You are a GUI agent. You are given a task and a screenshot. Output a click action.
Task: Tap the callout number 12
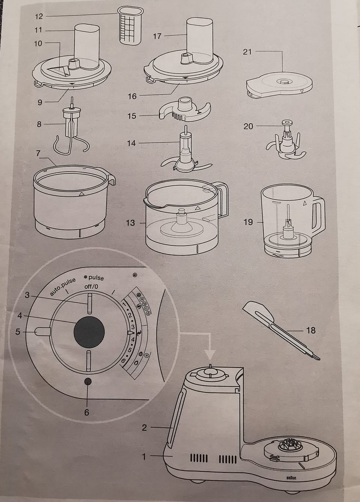pyautogui.click(x=39, y=16)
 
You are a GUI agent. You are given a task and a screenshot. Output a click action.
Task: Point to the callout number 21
pyautogui.click(x=247, y=52)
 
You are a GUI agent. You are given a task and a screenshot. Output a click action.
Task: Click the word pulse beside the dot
pyautogui.click(x=96, y=278)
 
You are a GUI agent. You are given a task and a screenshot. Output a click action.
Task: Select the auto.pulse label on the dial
pyautogui.click(x=63, y=287)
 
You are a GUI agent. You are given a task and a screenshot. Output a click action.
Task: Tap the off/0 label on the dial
pyautogui.click(x=91, y=287)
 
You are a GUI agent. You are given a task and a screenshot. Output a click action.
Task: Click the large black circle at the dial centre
pyautogui.click(x=89, y=332)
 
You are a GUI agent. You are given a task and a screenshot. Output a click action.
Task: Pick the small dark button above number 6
pyautogui.click(x=87, y=381)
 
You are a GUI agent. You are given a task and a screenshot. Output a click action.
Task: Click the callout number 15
pyautogui.click(x=132, y=116)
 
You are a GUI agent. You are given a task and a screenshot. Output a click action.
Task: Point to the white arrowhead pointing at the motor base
pyautogui.click(x=210, y=354)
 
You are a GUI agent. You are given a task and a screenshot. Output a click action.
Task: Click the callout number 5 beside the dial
pyautogui.click(x=18, y=332)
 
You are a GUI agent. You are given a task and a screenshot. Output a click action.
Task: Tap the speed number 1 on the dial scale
pyautogui.click(x=124, y=304)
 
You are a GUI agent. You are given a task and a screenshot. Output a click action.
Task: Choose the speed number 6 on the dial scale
pyautogui.click(x=123, y=361)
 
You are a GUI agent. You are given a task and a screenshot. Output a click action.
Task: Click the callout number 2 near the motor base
pyautogui.click(x=144, y=427)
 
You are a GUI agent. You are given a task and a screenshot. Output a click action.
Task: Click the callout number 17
pyautogui.click(x=157, y=36)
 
